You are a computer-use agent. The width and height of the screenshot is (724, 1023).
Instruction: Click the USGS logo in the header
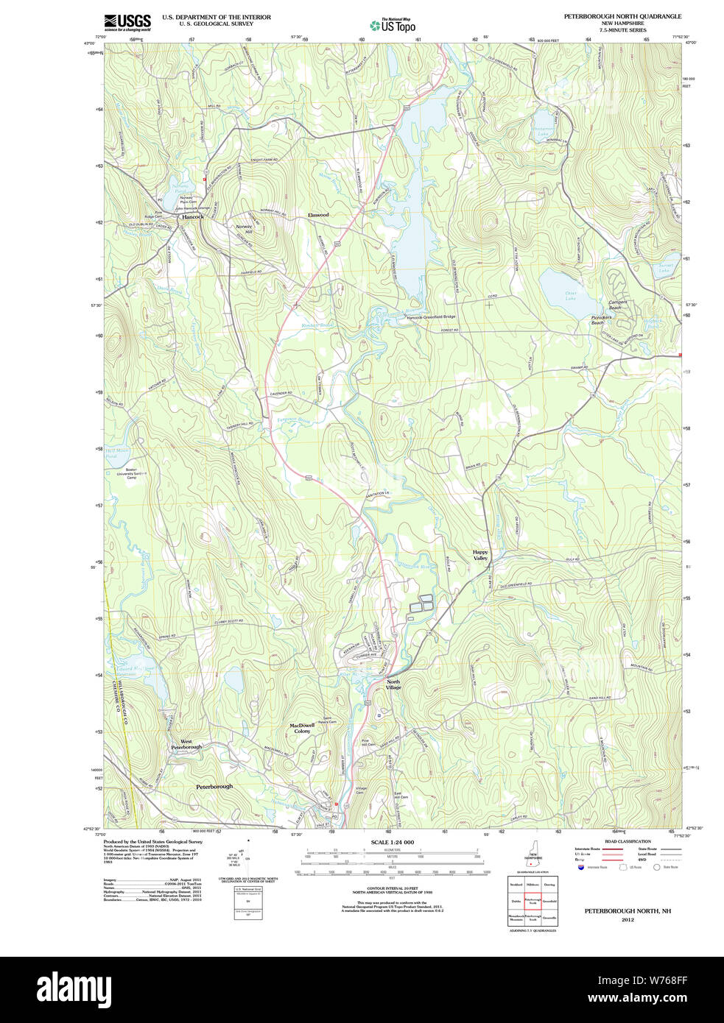[x=127, y=21]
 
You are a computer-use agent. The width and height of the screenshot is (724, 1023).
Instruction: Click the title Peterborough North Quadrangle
[x=622, y=16]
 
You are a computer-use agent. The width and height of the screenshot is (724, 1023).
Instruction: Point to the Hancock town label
[x=193, y=217]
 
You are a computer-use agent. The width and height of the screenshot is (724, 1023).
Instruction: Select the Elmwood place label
[x=318, y=215]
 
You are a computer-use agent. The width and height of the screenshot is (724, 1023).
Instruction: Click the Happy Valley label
[x=480, y=555]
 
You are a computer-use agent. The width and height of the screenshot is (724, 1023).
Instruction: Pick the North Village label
[x=394, y=684]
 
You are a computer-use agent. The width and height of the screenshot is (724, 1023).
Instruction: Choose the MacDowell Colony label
[x=302, y=728]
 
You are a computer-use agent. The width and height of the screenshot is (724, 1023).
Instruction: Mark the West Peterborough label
[x=186, y=744]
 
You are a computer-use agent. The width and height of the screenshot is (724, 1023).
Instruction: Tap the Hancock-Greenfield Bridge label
[x=432, y=317]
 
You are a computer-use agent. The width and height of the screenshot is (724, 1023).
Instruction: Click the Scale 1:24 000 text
[x=392, y=842]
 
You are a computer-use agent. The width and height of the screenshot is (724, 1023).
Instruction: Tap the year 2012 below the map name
[x=628, y=919]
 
